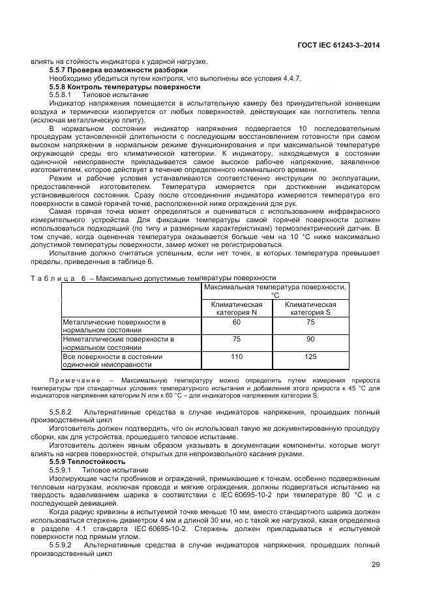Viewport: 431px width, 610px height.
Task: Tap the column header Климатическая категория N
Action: click(x=237, y=308)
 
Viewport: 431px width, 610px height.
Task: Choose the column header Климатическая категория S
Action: click(x=310, y=308)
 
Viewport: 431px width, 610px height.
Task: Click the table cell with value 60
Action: click(x=237, y=322)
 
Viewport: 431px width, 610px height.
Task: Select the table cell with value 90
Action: click(x=310, y=339)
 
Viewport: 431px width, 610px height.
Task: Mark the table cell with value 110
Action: click(x=237, y=356)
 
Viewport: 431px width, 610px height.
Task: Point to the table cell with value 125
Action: click(x=310, y=356)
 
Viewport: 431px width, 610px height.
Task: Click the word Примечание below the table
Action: click(x=78, y=380)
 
